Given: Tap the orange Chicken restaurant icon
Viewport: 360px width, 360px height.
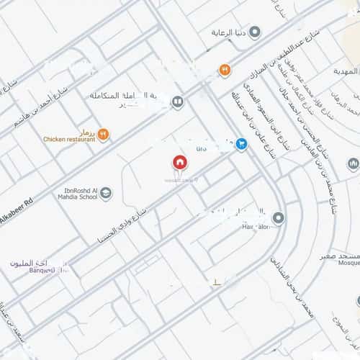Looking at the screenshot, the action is point(103,133).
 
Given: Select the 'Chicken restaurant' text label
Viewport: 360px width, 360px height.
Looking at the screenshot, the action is point(69,139).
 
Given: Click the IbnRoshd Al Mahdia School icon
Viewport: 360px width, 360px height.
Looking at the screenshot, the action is point(106,192).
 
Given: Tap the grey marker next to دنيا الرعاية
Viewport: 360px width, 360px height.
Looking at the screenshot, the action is point(262,32).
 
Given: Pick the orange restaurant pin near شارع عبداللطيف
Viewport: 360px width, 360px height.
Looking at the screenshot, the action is point(225,70).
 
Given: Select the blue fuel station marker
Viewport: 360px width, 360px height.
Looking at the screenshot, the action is point(240,143).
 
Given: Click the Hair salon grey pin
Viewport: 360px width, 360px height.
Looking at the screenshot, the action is point(279,217).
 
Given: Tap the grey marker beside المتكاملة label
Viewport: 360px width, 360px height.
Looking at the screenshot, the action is point(177,102).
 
